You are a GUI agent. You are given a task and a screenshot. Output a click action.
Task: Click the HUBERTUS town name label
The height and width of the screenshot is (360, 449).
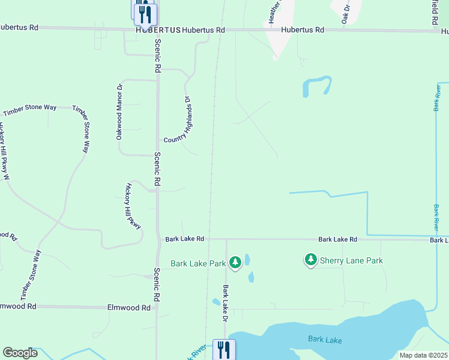(158, 29)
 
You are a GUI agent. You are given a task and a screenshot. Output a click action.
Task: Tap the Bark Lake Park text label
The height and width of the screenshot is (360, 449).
(197, 263)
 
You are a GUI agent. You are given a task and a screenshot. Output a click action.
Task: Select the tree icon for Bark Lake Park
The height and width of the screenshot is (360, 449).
(235, 262)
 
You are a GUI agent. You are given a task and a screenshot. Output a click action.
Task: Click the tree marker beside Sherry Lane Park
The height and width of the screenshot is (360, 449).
(310, 259)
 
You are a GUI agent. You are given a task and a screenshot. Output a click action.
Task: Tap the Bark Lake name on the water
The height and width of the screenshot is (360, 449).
(325, 340)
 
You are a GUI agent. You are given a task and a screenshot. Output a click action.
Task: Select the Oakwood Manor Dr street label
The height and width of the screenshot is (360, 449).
(119, 112)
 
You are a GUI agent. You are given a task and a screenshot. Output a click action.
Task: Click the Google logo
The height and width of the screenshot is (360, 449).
(20, 353)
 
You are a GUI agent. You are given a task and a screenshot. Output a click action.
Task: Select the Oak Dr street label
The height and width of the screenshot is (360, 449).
(346, 12)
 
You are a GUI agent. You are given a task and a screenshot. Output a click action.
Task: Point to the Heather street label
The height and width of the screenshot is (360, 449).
(274, 11)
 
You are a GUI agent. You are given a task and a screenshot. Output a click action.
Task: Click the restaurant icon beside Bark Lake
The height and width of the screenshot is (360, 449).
(224, 349)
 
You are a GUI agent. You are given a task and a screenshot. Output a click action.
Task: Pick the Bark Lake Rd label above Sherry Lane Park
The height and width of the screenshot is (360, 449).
(338, 239)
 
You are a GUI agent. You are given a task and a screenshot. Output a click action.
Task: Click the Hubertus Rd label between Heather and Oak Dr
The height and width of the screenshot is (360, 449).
(303, 29)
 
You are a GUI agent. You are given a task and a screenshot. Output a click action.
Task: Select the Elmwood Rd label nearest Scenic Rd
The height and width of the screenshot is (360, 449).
(128, 307)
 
